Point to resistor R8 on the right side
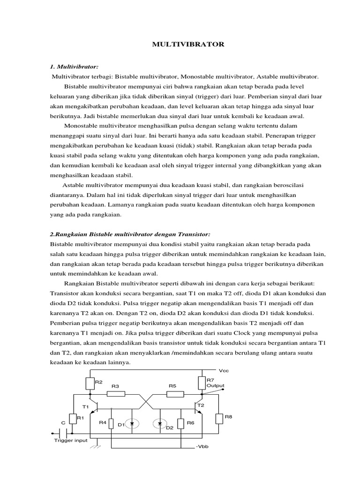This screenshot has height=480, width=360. coord(219,419)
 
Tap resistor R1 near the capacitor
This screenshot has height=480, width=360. coord(73,419)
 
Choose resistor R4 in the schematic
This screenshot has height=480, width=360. coord(111,423)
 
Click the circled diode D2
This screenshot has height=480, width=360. coord(160,424)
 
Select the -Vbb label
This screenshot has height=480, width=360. coord(202,447)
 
